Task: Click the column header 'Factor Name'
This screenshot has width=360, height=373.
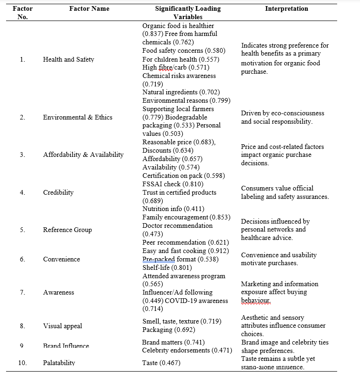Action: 89,8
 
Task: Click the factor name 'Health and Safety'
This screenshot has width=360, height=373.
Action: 69,59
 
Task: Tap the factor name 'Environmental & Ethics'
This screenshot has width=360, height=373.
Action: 77,117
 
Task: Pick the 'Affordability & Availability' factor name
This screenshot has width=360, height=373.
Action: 83,155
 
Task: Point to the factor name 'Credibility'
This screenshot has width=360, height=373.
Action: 58,192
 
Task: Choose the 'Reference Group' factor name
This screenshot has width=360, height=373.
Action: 68,230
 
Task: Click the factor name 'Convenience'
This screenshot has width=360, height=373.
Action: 62,259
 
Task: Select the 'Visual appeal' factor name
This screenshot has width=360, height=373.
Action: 62,326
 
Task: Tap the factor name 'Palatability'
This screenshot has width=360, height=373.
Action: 59,363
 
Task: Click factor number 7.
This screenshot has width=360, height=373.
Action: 22,292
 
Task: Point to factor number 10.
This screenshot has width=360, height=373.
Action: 22,363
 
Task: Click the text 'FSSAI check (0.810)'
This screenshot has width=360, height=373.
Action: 173,184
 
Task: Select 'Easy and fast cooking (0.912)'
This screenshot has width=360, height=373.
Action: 186,251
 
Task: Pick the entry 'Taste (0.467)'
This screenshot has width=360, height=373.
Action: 162,363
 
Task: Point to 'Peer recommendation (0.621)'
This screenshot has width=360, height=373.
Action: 186,242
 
